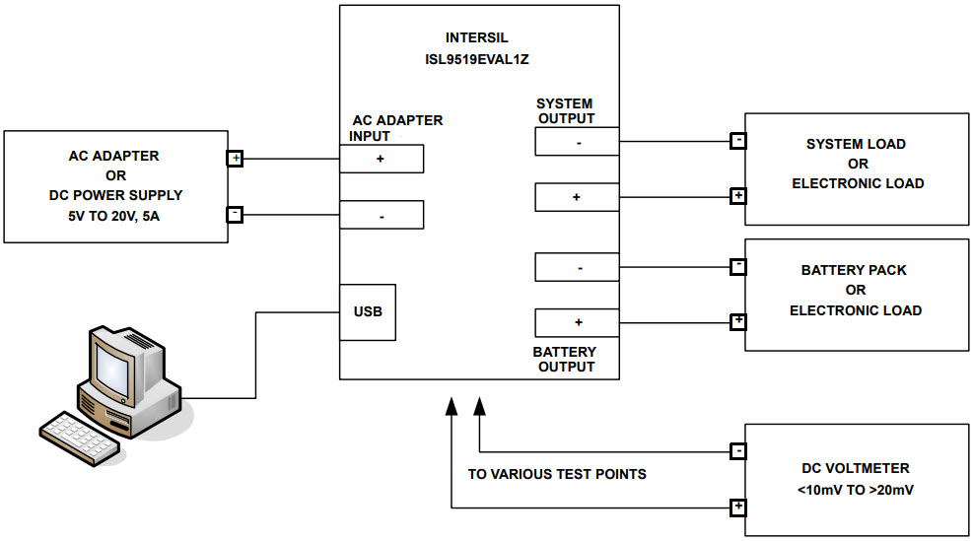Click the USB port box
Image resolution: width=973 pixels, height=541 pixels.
coord(368,312)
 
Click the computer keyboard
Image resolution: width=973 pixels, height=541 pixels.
coord(80,437)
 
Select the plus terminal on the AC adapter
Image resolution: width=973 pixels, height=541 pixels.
coord(236,159)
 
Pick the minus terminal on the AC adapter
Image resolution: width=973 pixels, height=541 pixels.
coord(236,215)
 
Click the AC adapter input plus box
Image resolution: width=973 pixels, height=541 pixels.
coord(382,159)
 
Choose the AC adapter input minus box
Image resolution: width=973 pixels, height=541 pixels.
coord(382,215)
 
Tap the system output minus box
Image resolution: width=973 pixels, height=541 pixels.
coord(577,142)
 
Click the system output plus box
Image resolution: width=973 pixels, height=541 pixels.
coord(577,197)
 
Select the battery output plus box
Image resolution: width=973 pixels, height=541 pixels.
coord(577,322)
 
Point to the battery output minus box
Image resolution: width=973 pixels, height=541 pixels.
coord(577,267)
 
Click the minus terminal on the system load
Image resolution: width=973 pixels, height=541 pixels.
coord(737,141)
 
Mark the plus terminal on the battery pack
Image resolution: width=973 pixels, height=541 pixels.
coord(737,322)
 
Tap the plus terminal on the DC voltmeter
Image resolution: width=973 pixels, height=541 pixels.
coord(737,507)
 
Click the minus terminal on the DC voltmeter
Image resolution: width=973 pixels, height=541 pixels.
coord(737,451)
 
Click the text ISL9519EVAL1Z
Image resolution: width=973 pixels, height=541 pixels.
coord(476,59)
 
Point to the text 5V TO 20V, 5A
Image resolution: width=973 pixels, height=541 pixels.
coord(113,217)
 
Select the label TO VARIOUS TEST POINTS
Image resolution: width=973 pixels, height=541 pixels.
coord(557,475)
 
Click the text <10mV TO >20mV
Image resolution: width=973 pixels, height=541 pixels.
coord(855,490)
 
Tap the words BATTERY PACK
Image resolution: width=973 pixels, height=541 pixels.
coord(854,270)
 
